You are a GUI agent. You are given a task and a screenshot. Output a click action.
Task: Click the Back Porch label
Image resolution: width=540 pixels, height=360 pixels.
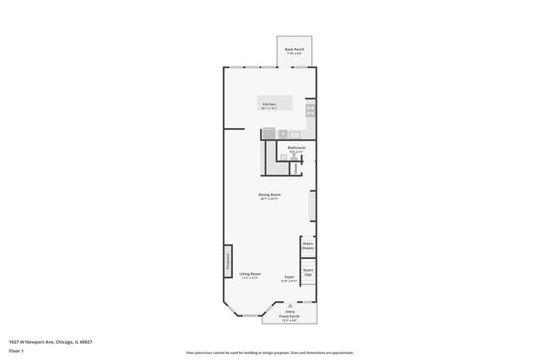[294, 50]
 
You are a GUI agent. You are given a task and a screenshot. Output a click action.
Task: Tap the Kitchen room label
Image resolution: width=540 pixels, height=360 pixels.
[268, 105]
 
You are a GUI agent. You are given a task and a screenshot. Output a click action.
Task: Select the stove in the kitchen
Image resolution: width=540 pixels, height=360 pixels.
[310, 109]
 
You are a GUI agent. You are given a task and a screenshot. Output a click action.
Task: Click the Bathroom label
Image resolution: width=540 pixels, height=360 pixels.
[296, 148]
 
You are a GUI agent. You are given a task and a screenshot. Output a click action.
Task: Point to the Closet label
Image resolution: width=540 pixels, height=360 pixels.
[296, 169]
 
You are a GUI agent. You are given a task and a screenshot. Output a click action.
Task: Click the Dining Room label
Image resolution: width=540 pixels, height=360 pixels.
[269, 195]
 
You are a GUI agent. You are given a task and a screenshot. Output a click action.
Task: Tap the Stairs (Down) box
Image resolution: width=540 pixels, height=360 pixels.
[308, 246]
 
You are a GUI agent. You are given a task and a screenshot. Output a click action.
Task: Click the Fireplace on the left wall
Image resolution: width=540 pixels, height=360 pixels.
[227, 261]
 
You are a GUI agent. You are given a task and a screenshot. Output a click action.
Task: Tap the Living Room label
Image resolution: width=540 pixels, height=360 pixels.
[250, 274]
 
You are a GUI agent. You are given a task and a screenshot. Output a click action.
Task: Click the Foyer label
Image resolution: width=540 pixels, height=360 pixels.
[289, 276]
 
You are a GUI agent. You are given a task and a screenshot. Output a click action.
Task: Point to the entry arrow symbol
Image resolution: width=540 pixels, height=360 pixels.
[289, 304]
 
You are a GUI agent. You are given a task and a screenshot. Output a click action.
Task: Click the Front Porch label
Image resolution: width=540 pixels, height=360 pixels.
[289, 314]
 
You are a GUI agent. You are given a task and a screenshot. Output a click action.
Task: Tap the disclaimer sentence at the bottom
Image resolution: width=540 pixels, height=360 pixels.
[269, 352]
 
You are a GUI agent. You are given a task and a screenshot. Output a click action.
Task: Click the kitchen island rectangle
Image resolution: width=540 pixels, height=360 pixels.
[276, 102]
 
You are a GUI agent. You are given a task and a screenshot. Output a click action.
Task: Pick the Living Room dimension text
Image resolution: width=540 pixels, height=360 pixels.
[250, 278]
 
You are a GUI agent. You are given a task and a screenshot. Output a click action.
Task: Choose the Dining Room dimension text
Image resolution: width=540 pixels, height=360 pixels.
[269, 199]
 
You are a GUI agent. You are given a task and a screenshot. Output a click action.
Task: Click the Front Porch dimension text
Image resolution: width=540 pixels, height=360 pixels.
[289, 319]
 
